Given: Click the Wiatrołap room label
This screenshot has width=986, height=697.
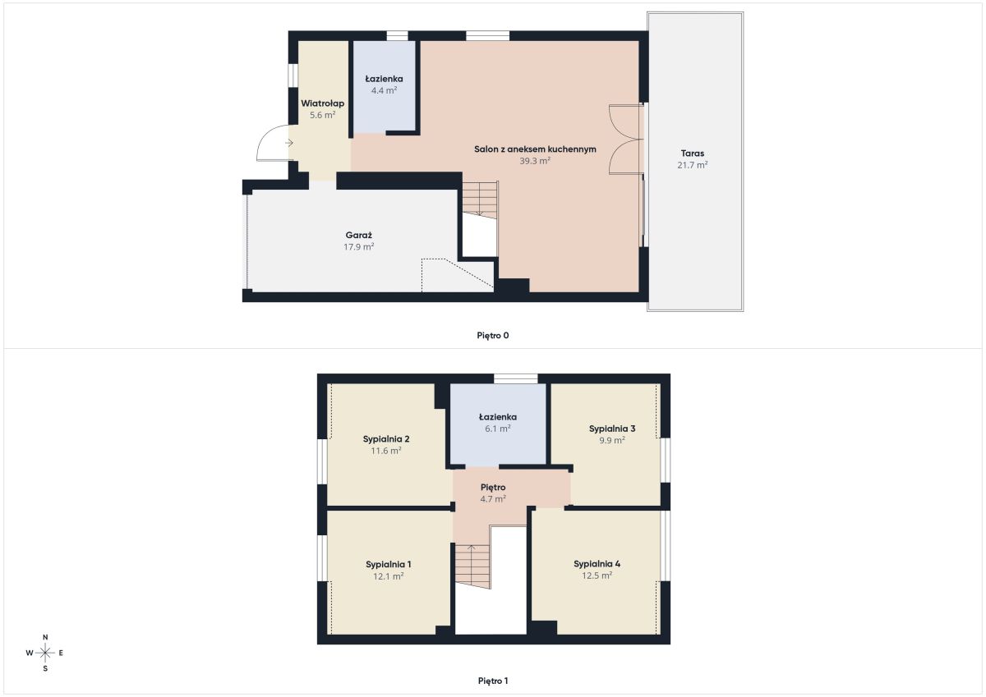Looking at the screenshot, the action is coord(323,103).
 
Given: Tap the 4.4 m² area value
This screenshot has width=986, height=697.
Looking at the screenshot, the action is coord(384,90).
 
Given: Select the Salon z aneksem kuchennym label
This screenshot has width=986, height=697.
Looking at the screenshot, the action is coord(535,149).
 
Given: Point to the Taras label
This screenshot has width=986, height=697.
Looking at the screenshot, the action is coord(693,154).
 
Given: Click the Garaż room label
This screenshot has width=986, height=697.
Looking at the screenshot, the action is coord(359,236).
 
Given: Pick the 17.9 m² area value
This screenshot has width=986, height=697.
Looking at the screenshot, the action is coord(359,246).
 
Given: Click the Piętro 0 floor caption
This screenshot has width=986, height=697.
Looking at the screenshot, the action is coord(492,336).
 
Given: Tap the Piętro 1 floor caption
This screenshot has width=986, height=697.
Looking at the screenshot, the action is coord(492,681).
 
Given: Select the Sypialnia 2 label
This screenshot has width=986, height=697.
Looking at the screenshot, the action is coord(386,439).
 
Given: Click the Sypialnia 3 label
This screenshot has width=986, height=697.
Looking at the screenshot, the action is coord(612,429).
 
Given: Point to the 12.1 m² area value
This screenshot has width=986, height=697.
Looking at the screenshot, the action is coord(388,576).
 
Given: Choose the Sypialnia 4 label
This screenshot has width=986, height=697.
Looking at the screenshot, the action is coord(597,564).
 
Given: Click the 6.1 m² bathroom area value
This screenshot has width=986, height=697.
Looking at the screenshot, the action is coord(498,429).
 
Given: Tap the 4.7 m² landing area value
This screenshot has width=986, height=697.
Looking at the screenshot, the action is coord(493,498).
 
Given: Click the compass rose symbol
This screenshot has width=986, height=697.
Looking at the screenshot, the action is coord(45,653).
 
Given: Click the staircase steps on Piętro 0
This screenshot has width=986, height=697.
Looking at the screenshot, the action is coord(480,199).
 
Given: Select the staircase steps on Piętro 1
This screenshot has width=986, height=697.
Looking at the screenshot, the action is coord(472,566).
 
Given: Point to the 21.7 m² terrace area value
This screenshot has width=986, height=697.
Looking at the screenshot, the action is coord(693,165).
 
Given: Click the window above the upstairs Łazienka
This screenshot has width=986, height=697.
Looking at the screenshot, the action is coord(515,378).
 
